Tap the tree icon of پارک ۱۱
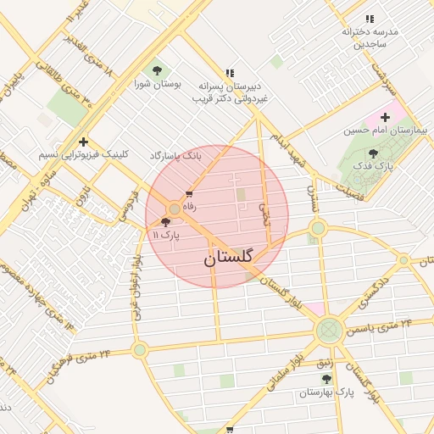(165, 221)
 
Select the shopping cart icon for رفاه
(189, 195)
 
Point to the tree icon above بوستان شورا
(155, 70)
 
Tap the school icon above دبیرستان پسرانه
(230, 73)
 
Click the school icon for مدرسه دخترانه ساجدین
(369, 18)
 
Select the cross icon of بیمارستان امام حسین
(385, 117)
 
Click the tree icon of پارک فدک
(374, 153)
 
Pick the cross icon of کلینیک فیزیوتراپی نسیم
(83, 142)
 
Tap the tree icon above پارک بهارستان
(326, 379)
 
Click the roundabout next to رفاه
(174, 208)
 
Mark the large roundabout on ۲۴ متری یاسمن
(328, 331)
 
